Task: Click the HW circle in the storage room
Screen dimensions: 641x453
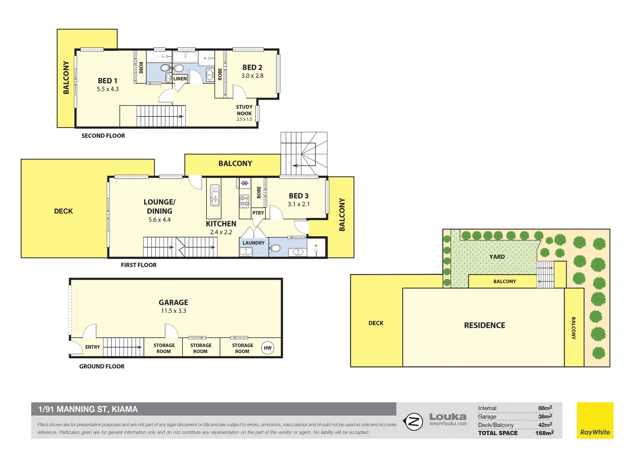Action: (x=268, y=348)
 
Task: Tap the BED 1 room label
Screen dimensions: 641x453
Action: (x=107, y=81)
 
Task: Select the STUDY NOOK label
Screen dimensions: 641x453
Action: (x=244, y=110)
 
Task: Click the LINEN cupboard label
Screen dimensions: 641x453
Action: (x=180, y=79)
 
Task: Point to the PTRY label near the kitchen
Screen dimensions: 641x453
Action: (x=258, y=213)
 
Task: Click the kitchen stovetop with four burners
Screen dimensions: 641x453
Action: (x=245, y=201)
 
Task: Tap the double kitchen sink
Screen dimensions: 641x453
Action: (x=215, y=195)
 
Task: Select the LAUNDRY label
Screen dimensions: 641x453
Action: (x=253, y=243)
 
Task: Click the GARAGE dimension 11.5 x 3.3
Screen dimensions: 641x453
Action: (x=173, y=311)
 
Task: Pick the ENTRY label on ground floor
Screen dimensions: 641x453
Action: (x=92, y=347)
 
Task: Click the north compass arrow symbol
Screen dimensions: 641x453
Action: (x=413, y=421)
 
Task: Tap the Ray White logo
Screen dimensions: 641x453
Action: (x=595, y=420)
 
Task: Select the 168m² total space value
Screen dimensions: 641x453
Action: (x=544, y=433)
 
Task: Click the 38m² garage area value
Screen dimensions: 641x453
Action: (x=545, y=417)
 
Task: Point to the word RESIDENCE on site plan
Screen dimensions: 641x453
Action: (x=485, y=325)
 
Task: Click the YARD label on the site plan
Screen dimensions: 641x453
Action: (x=497, y=257)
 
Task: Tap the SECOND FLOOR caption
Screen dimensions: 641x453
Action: (x=103, y=135)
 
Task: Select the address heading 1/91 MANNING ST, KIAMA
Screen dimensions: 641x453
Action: (x=88, y=409)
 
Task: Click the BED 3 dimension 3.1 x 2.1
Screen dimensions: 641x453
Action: (x=298, y=204)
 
